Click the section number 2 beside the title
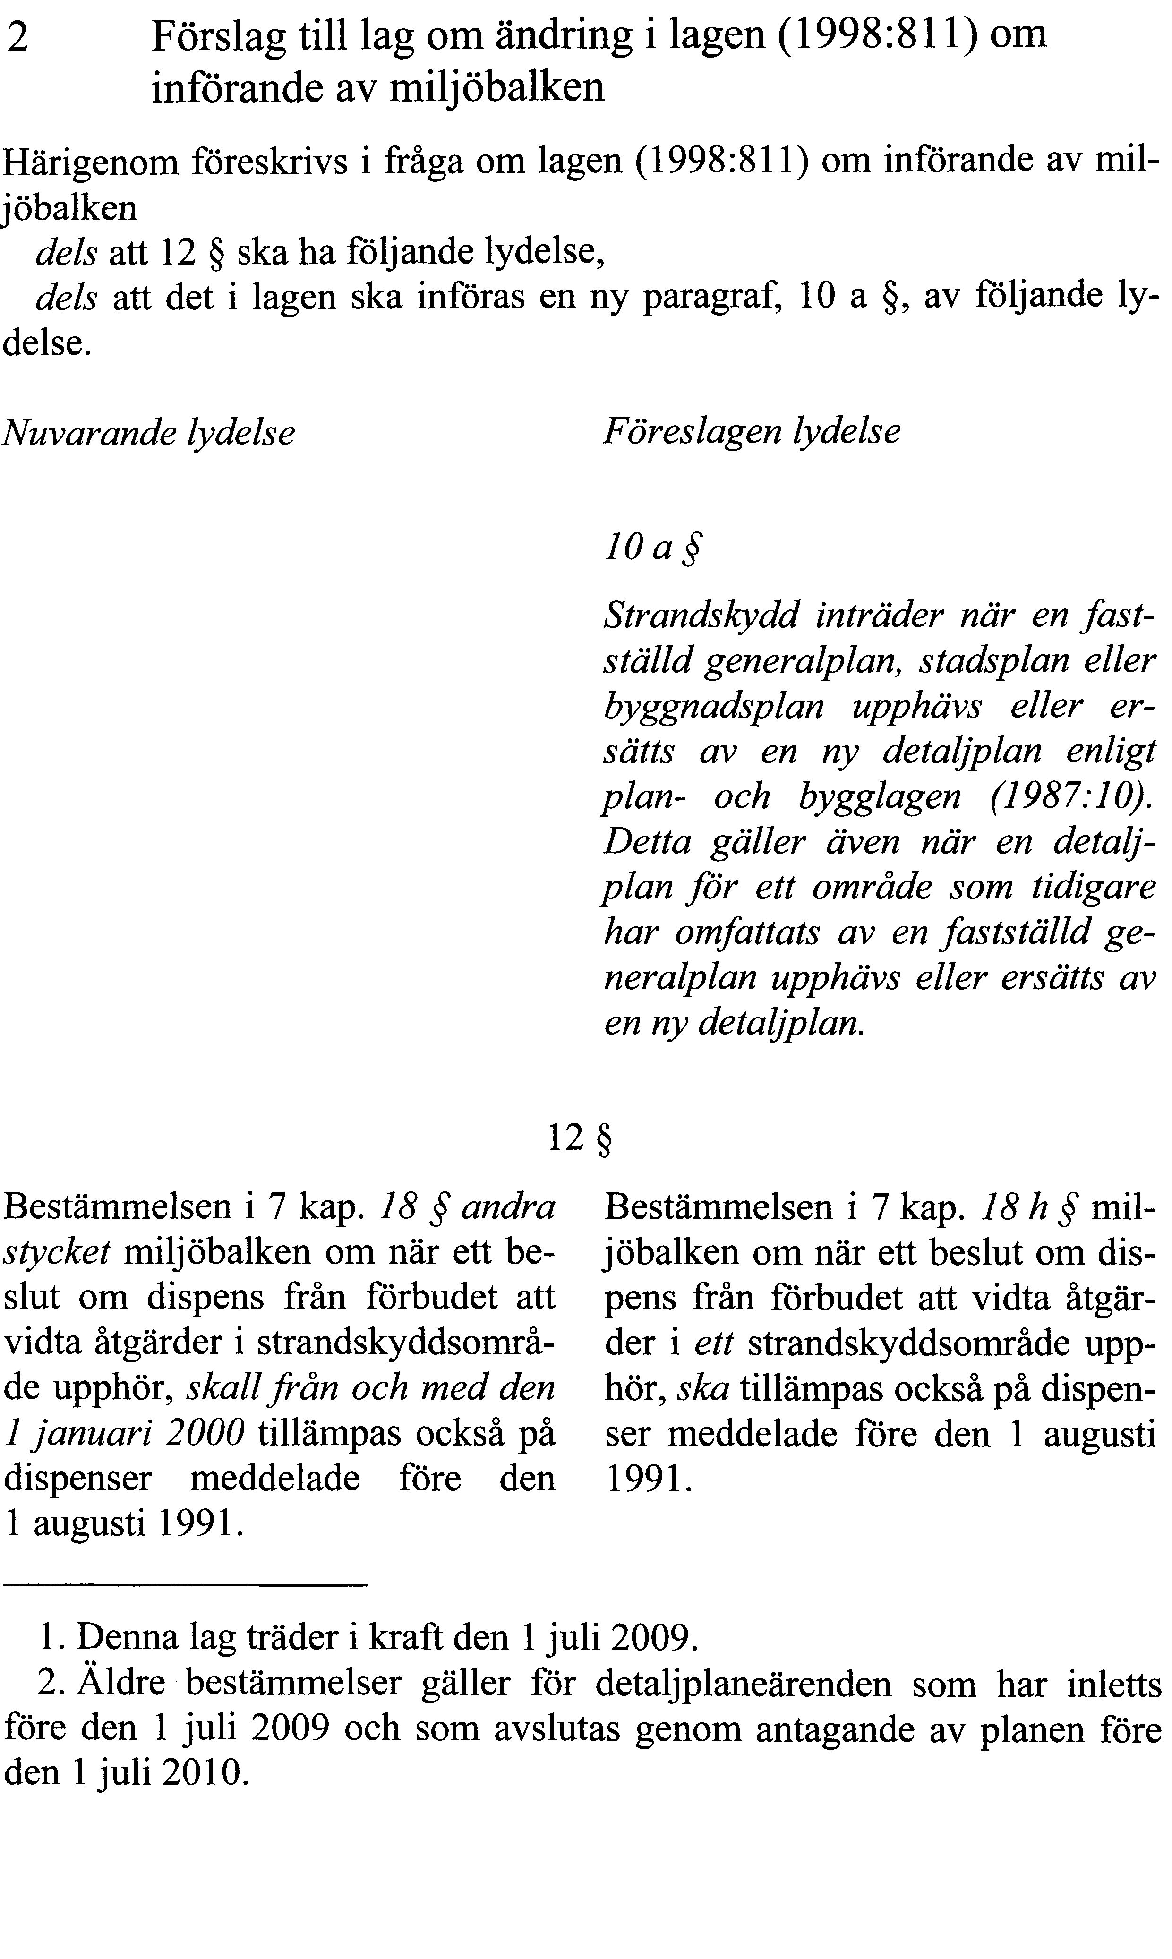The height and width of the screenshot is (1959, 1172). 18,38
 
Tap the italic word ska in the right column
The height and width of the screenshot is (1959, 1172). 709,1390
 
